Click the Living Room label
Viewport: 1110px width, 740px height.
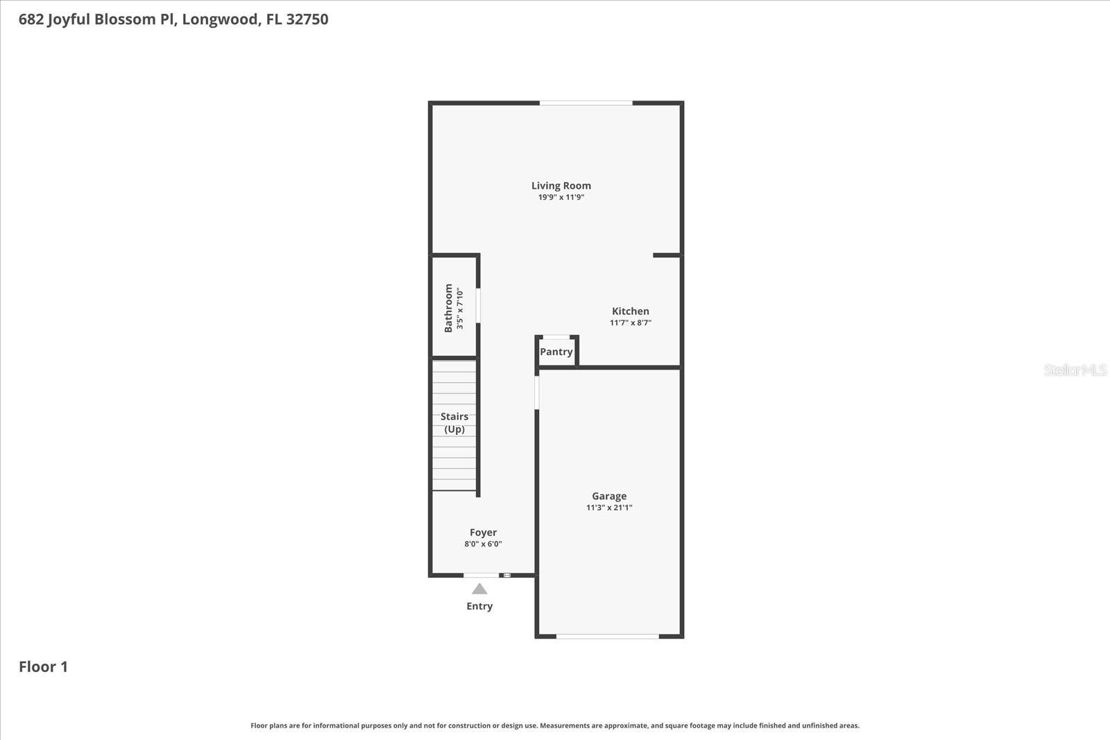click(x=561, y=185)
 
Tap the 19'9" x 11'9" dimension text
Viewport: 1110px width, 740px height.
click(x=561, y=197)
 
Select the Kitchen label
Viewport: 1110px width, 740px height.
click(x=630, y=311)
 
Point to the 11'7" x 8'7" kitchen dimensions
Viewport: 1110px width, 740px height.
click(x=630, y=322)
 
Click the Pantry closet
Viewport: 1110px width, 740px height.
click(x=556, y=352)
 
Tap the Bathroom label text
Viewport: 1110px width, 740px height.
click(x=448, y=307)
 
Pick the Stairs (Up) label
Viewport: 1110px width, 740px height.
click(x=454, y=422)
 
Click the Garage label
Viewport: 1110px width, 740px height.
click(x=609, y=496)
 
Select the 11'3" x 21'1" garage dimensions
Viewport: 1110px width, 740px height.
click(x=609, y=508)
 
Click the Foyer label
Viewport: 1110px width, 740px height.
click(x=483, y=533)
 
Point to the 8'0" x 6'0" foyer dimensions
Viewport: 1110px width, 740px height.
click(x=483, y=544)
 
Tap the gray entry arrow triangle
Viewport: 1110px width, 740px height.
click(x=479, y=589)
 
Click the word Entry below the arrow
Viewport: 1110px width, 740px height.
click(x=479, y=606)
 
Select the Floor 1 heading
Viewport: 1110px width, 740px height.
click(x=43, y=666)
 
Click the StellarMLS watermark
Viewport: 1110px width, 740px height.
click(x=1075, y=370)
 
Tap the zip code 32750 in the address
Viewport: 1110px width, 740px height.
click(x=307, y=19)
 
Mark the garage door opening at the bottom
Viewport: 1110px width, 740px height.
click(x=607, y=636)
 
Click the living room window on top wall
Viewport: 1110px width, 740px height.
click(x=586, y=103)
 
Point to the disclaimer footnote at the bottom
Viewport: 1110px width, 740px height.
click(x=554, y=725)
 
